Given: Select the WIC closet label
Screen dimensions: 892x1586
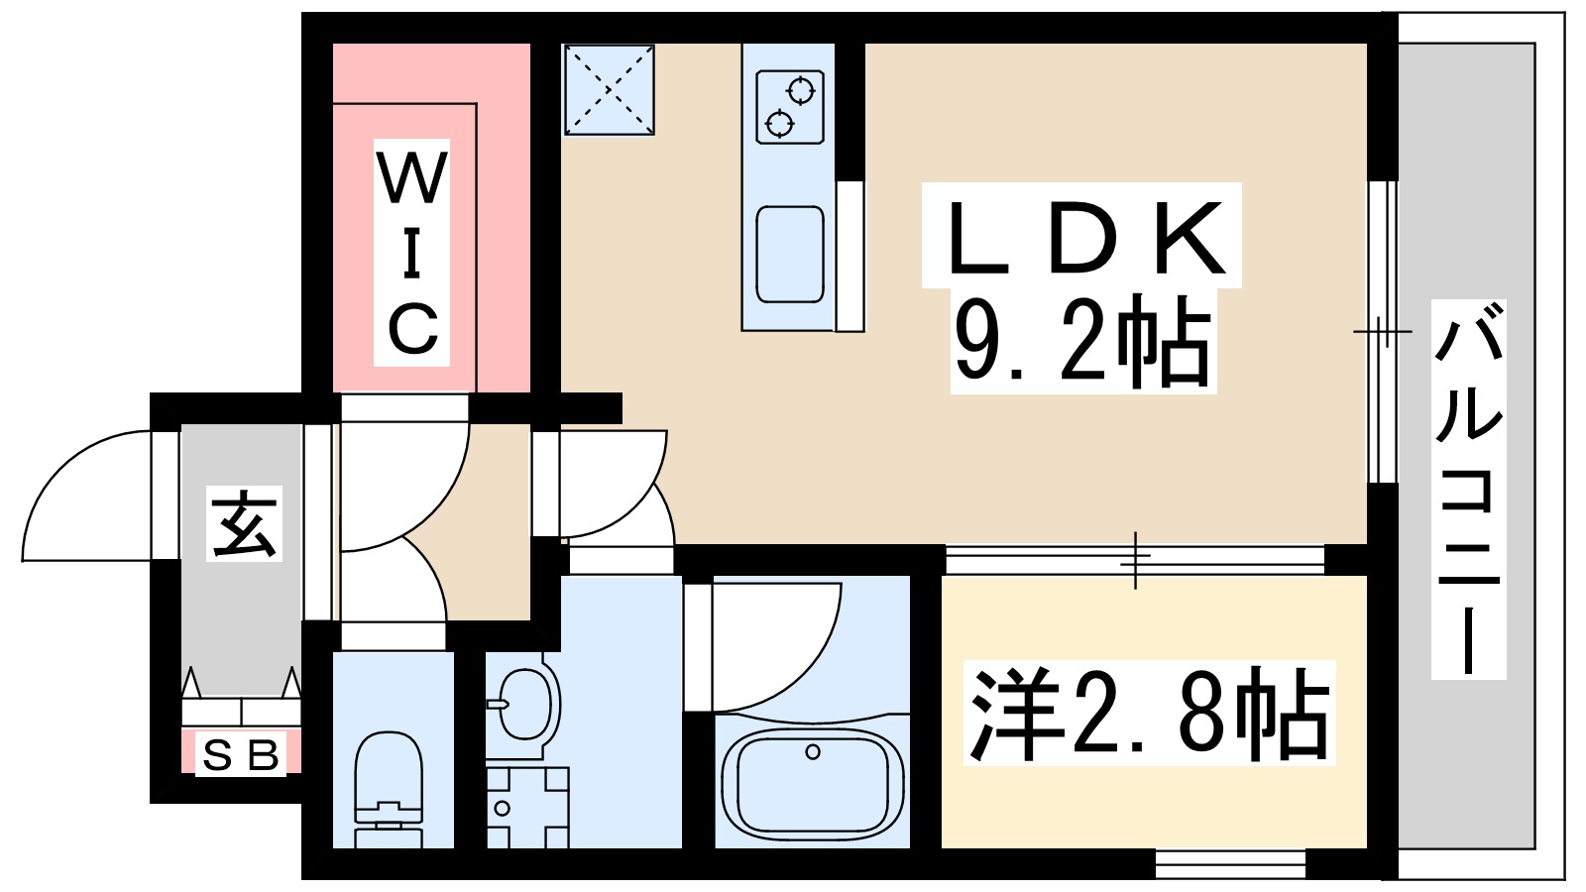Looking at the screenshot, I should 412,253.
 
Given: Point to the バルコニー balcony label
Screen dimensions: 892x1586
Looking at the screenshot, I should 1469,490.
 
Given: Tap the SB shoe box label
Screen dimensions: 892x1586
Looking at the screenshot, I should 241,756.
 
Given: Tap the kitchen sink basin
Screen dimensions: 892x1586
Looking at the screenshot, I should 790,254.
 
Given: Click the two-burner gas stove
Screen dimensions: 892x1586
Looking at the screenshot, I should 790,107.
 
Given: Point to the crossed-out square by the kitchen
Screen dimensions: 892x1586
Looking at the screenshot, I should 609,89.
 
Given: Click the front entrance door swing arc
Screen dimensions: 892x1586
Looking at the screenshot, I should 84,496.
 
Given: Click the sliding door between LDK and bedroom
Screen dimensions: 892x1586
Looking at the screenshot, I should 1135,560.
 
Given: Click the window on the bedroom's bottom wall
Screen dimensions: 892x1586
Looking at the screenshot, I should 1230,863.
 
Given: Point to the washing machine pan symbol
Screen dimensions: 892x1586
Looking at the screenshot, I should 527,807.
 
